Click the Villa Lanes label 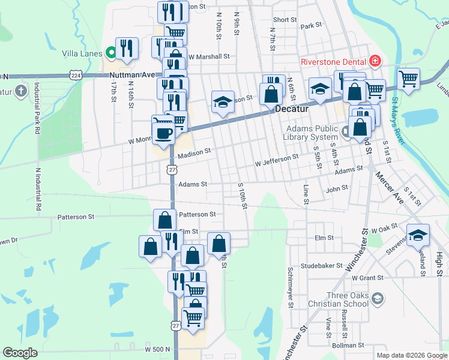82,53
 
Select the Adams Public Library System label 312,133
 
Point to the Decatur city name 292,109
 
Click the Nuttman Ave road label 133,76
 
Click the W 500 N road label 158,349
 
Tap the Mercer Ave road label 389,187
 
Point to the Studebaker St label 322,265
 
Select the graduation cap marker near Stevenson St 418,235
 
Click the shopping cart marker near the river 408,78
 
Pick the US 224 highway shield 75,76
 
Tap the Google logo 20,353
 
